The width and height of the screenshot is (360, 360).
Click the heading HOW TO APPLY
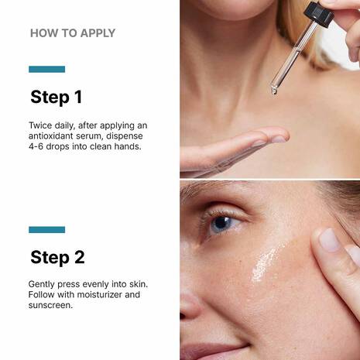tap(73, 33)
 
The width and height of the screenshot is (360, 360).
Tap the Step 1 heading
tap(57, 98)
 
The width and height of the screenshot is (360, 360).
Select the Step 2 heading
tap(57, 258)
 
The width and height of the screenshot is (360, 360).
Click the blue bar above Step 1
tap(46, 69)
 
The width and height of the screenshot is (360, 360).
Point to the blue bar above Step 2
tap(46, 230)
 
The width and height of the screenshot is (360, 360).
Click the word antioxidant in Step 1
tap(50, 136)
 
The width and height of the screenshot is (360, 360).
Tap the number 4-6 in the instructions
tap(36, 146)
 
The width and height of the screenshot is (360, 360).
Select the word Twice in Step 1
tap(40, 125)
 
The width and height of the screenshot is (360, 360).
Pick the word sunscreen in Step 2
tap(50, 305)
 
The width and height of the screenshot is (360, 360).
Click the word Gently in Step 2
tap(41, 284)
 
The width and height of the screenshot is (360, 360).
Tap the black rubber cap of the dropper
tap(318, 14)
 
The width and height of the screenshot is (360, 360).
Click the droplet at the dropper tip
tap(274, 91)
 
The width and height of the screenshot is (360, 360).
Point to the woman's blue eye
tap(221, 224)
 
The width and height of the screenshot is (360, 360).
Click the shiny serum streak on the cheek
tap(266, 263)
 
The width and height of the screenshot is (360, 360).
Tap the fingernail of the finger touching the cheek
tap(330, 239)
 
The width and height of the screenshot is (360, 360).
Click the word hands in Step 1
tap(128, 146)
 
